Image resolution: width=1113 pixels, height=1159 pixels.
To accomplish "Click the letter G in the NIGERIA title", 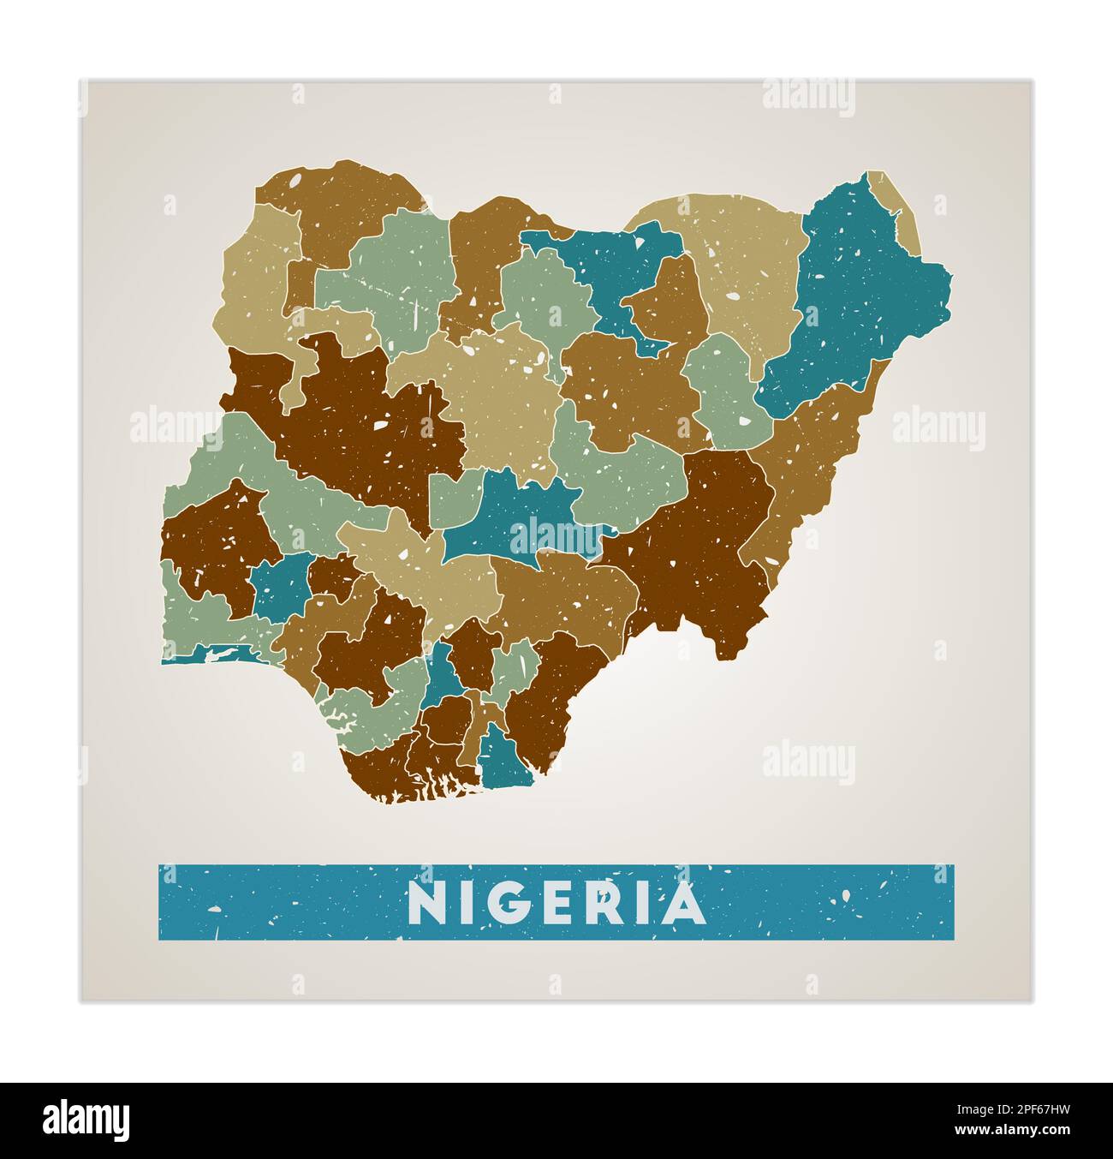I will (503, 903).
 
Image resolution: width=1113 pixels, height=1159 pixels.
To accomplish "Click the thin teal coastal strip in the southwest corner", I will (214, 655).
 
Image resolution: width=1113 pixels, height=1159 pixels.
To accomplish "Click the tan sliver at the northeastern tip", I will (895, 206).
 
